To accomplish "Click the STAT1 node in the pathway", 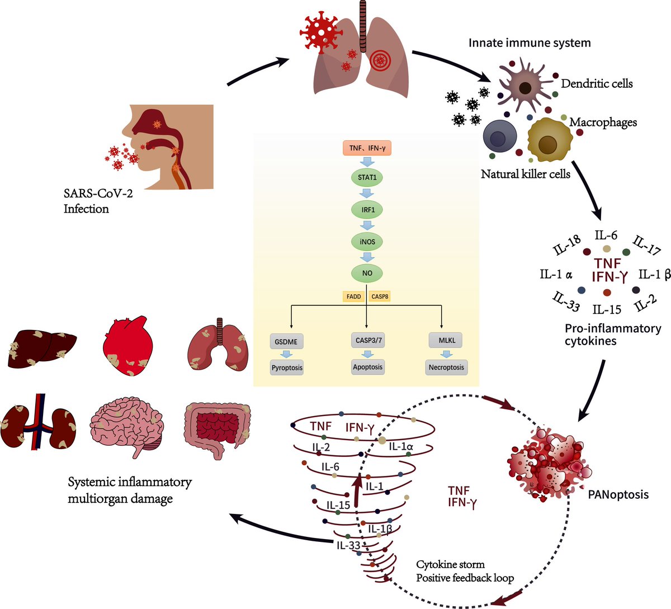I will pyautogui.click(x=367, y=177).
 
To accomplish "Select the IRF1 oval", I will pyautogui.click(x=367, y=210).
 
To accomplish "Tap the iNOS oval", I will pyautogui.click(x=367, y=242).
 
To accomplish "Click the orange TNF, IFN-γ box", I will pyautogui.click(x=367, y=149).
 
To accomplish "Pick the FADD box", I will pyautogui.click(x=353, y=296).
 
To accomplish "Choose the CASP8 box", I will pyautogui.click(x=380, y=296).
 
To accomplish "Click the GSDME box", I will pyautogui.click(x=286, y=341).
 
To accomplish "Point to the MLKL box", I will pyautogui.click(x=446, y=340).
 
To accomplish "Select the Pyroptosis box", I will pyautogui.click(x=287, y=368).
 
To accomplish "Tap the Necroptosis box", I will pyautogui.click(x=446, y=367).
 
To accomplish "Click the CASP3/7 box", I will pyautogui.click(x=367, y=340).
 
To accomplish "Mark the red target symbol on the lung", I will pyautogui.click(x=380, y=58).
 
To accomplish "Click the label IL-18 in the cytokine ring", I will pyautogui.click(x=566, y=246).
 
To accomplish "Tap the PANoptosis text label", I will pyautogui.click(x=618, y=494).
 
